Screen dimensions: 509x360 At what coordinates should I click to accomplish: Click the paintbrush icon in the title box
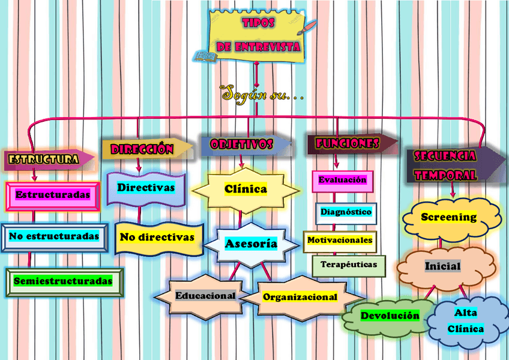(x=310, y=26)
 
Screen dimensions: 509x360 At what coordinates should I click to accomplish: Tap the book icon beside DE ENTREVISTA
(x=206, y=56)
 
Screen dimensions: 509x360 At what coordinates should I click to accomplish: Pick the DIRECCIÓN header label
(x=143, y=149)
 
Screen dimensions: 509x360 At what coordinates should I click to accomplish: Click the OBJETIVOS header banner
(x=242, y=145)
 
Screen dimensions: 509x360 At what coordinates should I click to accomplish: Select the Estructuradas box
(x=53, y=195)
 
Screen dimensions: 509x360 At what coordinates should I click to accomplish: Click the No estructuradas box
(x=54, y=236)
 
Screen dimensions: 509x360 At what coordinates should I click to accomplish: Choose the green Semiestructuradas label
(x=63, y=281)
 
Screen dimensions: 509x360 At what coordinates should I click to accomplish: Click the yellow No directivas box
(x=157, y=238)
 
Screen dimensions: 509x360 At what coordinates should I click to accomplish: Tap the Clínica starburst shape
(x=245, y=190)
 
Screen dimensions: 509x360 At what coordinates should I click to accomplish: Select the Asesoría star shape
(x=251, y=244)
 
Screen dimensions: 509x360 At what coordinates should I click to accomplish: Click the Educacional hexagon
(x=205, y=296)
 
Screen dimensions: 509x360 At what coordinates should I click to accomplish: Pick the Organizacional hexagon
(x=300, y=297)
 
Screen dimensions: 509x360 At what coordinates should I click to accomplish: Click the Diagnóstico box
(x=346, y=212)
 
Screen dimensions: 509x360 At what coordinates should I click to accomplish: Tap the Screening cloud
(x=448, y=217)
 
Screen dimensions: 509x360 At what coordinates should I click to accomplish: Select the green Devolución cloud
(x=390, y=316)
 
